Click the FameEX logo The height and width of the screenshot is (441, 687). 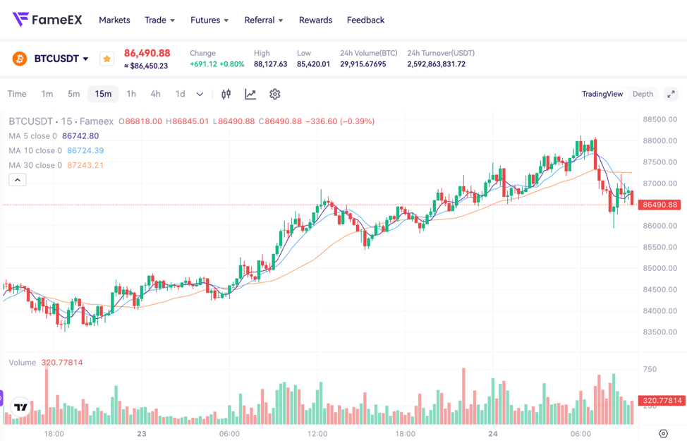[47, 20]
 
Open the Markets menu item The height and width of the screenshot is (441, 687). [114, 20]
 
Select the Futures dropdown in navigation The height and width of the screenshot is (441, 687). [209, 20]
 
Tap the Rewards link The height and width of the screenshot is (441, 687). [315, 20]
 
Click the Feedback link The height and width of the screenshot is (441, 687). [365, 20]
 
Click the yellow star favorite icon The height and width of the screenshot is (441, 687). [107, 59]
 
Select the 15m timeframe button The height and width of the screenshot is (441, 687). [103, 94]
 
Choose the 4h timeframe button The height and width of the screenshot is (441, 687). [155, 94]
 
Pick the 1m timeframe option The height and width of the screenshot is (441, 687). [47, 94]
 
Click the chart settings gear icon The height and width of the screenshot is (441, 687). [275, 94]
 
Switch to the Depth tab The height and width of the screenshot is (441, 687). [643, 94]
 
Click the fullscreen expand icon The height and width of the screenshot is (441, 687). [671, 94]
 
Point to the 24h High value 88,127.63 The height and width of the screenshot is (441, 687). [270, 64]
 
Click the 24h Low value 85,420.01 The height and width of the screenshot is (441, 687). [313, 64]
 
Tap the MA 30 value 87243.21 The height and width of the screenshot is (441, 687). [85, 165]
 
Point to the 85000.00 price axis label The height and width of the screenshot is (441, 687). [659, 268]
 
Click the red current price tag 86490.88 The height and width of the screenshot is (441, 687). [659, 205]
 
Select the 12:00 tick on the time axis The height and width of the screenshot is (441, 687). [317, 433]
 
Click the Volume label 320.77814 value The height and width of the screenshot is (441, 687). [61, 363]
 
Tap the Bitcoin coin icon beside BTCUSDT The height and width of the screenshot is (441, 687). [20, 59]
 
